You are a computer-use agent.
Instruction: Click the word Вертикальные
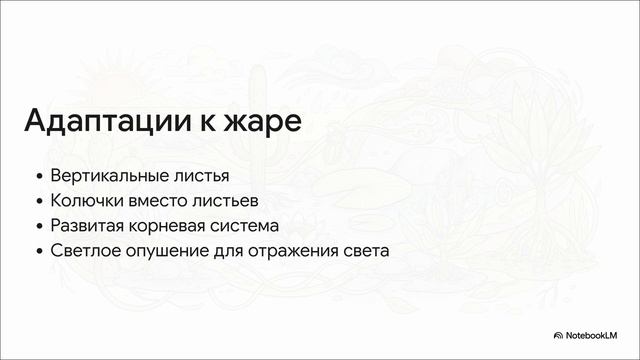pyautogui.click(x=110, y=175)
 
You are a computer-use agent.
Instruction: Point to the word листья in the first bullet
pyautogui.click(x=195, y=175)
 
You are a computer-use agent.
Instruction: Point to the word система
pyautogui.click(x=245, y=225)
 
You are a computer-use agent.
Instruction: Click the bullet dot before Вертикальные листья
pyautogui.click(x=39, y=176)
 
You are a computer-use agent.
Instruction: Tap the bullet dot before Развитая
pyautogui.click(x=39, y=226)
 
